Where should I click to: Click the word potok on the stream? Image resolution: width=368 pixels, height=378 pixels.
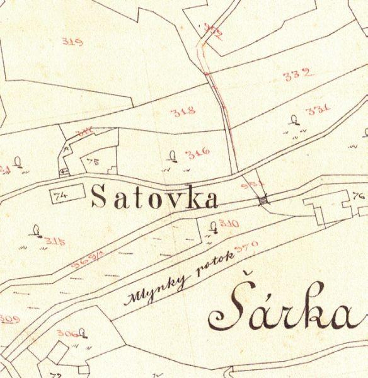point(209,265)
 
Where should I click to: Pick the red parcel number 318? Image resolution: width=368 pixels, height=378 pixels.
point(183,112)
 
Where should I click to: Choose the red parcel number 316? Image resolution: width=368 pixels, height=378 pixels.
point(198,152)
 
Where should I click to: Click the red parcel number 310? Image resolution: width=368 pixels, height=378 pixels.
point(229,224)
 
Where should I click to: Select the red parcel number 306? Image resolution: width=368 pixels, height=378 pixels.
point(66,333)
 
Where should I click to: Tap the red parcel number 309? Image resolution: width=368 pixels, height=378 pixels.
point(9,319)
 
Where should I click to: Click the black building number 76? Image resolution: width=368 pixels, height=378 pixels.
point(359,196)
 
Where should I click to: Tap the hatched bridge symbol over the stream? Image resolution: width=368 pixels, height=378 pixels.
point(262,200)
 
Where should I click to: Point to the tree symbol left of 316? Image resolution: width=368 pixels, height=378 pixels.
point(173,156)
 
